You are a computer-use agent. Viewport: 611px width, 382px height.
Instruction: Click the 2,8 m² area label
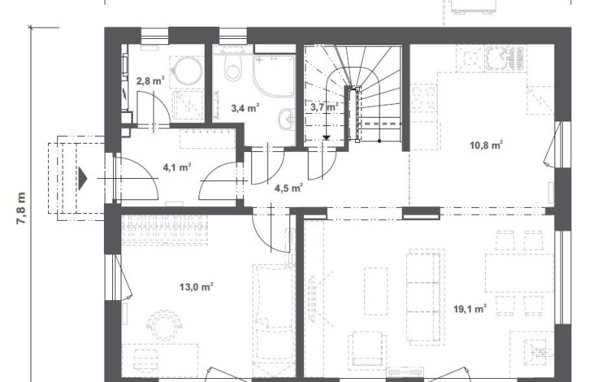point(150,81)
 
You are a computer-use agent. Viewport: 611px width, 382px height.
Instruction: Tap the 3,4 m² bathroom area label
point(245,108)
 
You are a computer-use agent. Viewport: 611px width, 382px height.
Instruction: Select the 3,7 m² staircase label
point(324,106)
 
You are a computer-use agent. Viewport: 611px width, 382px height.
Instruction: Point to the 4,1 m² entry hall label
point(177,167)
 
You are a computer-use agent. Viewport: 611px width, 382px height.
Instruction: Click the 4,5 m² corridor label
point(289,188)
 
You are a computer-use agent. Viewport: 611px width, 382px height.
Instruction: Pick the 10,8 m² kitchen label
point(487,145)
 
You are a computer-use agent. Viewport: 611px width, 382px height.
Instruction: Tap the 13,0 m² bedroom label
point(196,287)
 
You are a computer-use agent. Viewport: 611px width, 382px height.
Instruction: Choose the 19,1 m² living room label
point(470,309)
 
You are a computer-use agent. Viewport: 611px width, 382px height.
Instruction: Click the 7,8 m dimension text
point(21,208)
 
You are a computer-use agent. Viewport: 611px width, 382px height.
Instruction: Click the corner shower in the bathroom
point(274,75)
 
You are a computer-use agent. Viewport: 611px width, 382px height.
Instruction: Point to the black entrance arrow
point(82,179)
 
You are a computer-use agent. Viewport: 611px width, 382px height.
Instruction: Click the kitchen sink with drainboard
point(505,58)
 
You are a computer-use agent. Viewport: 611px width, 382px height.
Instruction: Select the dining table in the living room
point(519,273)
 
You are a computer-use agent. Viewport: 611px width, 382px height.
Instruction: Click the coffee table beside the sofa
point(376,291)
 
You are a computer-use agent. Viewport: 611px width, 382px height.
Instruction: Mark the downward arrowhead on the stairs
point(327,138)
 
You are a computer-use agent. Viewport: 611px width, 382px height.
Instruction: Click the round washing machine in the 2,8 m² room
point(188,70)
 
